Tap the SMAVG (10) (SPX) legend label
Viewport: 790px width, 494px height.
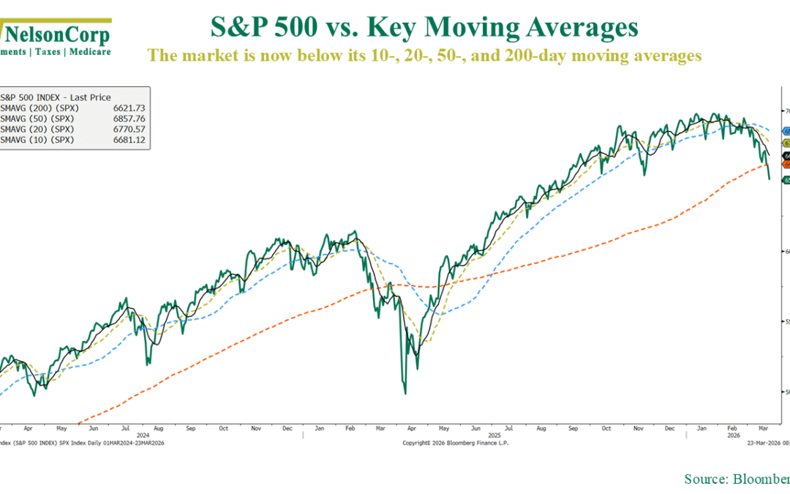point(37,139)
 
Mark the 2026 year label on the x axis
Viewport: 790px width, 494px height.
point(734,434)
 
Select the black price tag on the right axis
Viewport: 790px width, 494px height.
point(786,154)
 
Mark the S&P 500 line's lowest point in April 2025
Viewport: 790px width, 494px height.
point(405,394)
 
